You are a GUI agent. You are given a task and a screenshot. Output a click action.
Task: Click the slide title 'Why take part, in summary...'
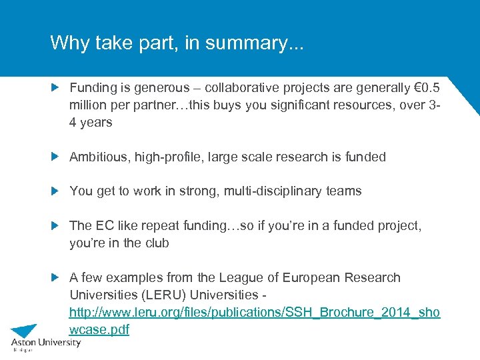coord(177,43)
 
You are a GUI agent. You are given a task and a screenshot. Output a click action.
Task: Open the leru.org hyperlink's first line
coord(255,312)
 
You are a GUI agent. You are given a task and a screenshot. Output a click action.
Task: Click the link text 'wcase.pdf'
coord(99,329)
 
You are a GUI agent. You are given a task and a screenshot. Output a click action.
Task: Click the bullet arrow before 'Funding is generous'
coord(56,87)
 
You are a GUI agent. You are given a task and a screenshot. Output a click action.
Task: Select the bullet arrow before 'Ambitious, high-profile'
coord(56,157)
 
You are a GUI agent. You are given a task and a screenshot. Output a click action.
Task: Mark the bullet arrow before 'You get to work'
coord(56,191)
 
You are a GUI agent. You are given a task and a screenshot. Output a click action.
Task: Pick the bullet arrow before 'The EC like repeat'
coord(56,225)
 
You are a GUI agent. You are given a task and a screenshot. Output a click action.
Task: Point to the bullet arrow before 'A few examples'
coord(56,277)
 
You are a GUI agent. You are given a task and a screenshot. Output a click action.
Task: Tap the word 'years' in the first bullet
coord(96,123)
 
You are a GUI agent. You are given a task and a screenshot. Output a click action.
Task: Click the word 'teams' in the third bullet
coord(344,191)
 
